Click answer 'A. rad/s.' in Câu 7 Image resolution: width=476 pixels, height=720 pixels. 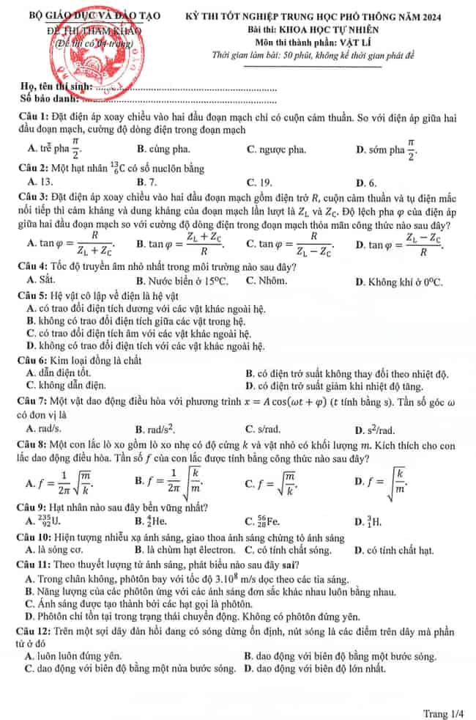[x=44, y=429]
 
